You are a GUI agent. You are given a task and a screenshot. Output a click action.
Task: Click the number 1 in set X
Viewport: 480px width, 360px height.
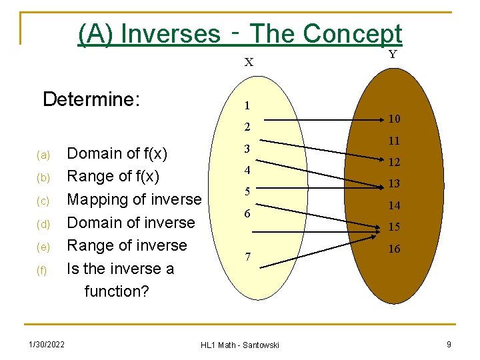coord(247,105)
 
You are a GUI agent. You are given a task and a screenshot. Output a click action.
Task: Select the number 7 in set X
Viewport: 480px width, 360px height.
coord(247,257)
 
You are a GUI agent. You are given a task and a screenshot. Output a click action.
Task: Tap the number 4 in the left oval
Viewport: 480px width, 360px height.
coord(247,170)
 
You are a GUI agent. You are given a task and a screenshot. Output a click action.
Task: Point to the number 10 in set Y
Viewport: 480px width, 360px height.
coord(394,119)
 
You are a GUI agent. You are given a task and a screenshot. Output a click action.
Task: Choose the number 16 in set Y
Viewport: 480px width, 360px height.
coord(394,249)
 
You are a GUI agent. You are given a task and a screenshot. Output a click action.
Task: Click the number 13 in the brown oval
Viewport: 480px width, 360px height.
coord(394,184)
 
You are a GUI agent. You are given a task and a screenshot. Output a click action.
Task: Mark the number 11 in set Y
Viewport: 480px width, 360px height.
coord(394,141)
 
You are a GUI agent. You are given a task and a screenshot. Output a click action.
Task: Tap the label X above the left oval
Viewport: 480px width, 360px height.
coord(249,63)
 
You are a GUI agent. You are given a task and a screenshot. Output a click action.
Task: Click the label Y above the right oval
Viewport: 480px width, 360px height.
coord(393,55)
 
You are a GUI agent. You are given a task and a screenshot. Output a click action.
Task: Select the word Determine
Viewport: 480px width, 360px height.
coord(91,100)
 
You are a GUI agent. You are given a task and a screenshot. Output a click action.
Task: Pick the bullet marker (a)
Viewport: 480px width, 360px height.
coord(43,155)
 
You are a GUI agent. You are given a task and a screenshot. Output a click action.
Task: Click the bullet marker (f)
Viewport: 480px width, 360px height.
coord(43,270)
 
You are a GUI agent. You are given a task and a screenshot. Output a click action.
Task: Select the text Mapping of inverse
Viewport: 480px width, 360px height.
coord(134,199)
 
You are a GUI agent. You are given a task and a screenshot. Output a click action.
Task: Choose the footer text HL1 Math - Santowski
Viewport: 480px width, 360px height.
coord(240,345)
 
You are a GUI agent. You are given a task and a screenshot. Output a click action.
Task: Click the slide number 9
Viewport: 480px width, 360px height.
coord(449,344)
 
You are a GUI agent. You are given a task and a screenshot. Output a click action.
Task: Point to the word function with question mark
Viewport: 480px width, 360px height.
coord(116,291)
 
